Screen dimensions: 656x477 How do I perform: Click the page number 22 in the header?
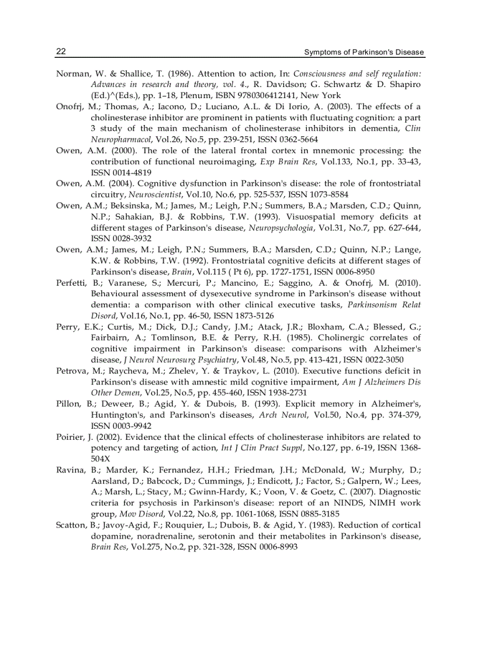pyautogui.click(x=61, y=51)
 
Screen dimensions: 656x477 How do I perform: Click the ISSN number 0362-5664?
pyautogui.click(x=299, y=140)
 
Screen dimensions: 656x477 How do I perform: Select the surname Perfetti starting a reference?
pyautogui.click(x=71, y=283)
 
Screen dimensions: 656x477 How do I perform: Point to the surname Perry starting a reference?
pyautogui.click(x=67, y=327)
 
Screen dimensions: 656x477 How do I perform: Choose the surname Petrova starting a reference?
pyautogui.click(x=71, y=371)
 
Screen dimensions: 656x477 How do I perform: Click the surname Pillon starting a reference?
pyautogui.click(x=68, y=404)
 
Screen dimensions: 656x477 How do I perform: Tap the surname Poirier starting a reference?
pyautogui.click(x=70, y=437)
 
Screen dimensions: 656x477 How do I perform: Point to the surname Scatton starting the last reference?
pyautogui.click(x=71, y=525)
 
